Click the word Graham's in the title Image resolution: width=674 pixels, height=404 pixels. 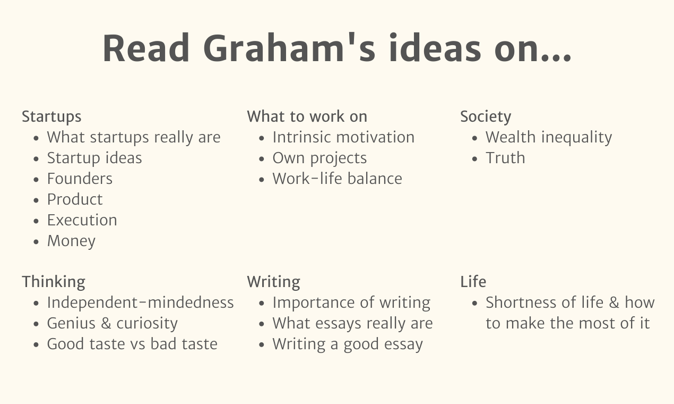[289, 49]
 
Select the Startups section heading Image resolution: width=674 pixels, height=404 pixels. [51, 117]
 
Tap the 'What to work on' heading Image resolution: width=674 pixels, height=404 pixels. [307, 117]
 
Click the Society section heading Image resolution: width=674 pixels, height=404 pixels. [485, 117]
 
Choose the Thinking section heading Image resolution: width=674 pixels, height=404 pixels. [53, 282]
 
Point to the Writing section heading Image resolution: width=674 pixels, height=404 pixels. [273, 282]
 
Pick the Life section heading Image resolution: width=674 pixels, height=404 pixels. [473, 282]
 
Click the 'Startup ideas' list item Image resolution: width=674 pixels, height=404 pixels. [94, 158]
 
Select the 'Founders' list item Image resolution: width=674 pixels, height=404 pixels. [80, 179]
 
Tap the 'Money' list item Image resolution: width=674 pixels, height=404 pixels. [71, 241]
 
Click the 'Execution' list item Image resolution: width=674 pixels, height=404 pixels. [82, 220]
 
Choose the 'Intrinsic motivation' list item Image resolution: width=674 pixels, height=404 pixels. [343, 137]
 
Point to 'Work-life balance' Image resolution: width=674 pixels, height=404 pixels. [337, 179]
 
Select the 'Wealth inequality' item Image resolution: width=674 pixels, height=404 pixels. [548, 137]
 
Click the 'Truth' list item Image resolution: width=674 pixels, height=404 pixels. [505, 158]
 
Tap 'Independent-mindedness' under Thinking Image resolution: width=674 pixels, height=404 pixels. [140, 302]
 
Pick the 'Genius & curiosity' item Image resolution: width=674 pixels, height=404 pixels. [112, 323]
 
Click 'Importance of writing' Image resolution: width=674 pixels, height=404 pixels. [351, 302]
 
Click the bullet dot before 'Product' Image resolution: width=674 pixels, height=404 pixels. [36, 200]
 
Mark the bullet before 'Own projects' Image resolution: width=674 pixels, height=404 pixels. [262, 159]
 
